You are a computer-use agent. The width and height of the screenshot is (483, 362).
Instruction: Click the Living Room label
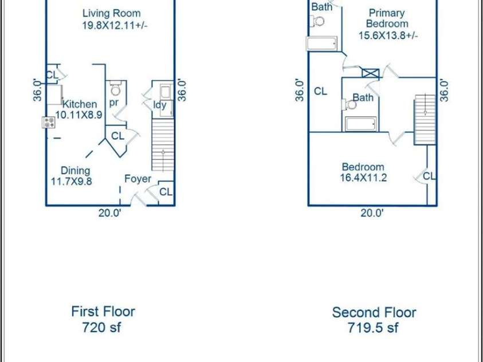(x=112, y=13)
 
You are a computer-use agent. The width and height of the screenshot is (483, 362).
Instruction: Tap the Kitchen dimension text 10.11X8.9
(x=79, y=115)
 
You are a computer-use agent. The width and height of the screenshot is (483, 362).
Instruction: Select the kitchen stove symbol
(x=49, y=123)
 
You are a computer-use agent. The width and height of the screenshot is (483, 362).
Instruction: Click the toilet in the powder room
(x=116, y=88)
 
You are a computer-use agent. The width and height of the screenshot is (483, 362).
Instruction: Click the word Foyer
(x=138, y=179)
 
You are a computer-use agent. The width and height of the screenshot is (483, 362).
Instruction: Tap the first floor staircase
(x=163, y=145)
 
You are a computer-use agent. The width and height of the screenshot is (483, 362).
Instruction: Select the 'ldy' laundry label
(x=160, y=105)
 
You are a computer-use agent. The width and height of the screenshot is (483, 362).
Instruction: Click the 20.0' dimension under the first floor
(x=110, y=213)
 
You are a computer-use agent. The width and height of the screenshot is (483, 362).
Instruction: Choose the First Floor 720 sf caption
(x=103, y=319)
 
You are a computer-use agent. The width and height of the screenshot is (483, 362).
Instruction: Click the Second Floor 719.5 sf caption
(x=374, y=320)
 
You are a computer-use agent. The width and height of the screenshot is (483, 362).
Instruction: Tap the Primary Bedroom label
(x=387, y=18)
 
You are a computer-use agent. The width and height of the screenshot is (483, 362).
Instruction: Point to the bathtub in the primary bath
(x=322, y=44)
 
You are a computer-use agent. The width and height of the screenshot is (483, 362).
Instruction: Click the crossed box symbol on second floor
(x=370, y=73)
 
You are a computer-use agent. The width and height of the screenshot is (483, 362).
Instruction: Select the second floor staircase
(x=425, y=120)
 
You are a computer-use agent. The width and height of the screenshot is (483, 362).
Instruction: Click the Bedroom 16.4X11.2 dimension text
(x=363, y=178)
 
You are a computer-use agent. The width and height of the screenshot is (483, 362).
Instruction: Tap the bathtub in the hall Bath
(x=360, y=124)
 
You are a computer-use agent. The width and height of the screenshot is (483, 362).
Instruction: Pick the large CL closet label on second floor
(x=320, y=91)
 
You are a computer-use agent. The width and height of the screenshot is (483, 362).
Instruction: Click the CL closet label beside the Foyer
(x=166, y=192)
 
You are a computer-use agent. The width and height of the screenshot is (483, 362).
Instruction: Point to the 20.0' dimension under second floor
(x=372, y=213)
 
